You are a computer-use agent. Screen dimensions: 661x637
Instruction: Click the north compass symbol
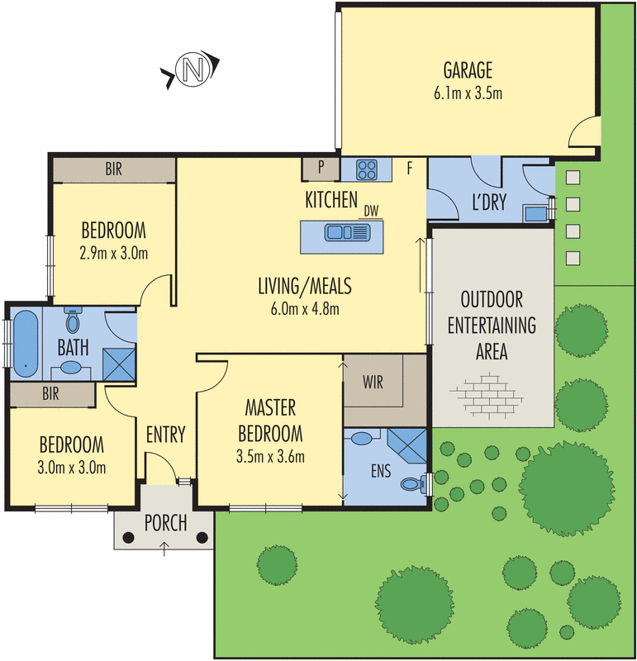pyautogui.click(x=191, y=70)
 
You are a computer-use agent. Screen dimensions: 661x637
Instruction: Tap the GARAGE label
pyautogui.click(x=467, y=69)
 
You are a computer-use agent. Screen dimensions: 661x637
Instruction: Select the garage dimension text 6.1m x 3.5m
pyautogui.click(x=467, y=93)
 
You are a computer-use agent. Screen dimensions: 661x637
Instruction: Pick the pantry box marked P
pyautogui.click(x=321, y=169)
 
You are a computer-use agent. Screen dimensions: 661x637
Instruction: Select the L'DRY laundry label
pyautogui.click(x=487, y=202)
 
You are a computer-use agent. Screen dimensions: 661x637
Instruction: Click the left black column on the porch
pyautogui.click(x=128, y=537)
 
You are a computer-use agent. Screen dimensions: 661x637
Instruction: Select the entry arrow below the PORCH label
pyautogui.click(x=164, y=546)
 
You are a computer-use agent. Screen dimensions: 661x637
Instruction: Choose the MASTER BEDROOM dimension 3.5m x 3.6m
pyautogui.click(x=269, y=455)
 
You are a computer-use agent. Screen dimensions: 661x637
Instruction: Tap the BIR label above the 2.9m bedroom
pyautogui.click(x=113, y=170)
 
